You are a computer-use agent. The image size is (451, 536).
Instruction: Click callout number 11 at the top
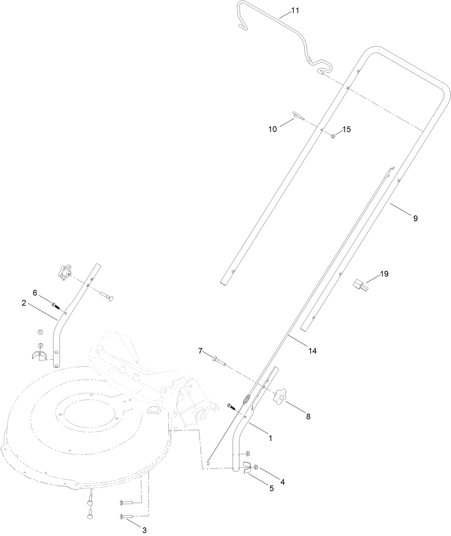pyautogui.click(x=295, y=10)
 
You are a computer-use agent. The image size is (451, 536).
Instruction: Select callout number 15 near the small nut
pyautogui.click(x=346, y=129)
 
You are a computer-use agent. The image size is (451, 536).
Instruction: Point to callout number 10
pyautogui.click(x=273, y=129)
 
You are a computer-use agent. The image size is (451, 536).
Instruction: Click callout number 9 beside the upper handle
pyautogui.click(x=415, y=218)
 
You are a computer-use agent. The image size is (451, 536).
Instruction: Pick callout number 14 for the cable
pyautogui.click(x=313, y=351)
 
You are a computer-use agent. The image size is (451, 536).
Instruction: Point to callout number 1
pyautogui.click(x=270, y=438)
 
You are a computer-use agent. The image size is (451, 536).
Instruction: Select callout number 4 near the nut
pyautogui.click(x=282, y=482)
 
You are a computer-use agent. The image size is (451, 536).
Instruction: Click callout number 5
pyautogui.click(x=271, y=488)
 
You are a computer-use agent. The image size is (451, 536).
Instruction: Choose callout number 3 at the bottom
pyautogui.click(x=144, y=530)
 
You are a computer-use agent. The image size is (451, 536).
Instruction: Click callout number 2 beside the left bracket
pyautogui.click(x=24, y=303)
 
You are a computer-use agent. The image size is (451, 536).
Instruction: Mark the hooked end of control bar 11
pyautogui.click(x=242, y=25)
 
